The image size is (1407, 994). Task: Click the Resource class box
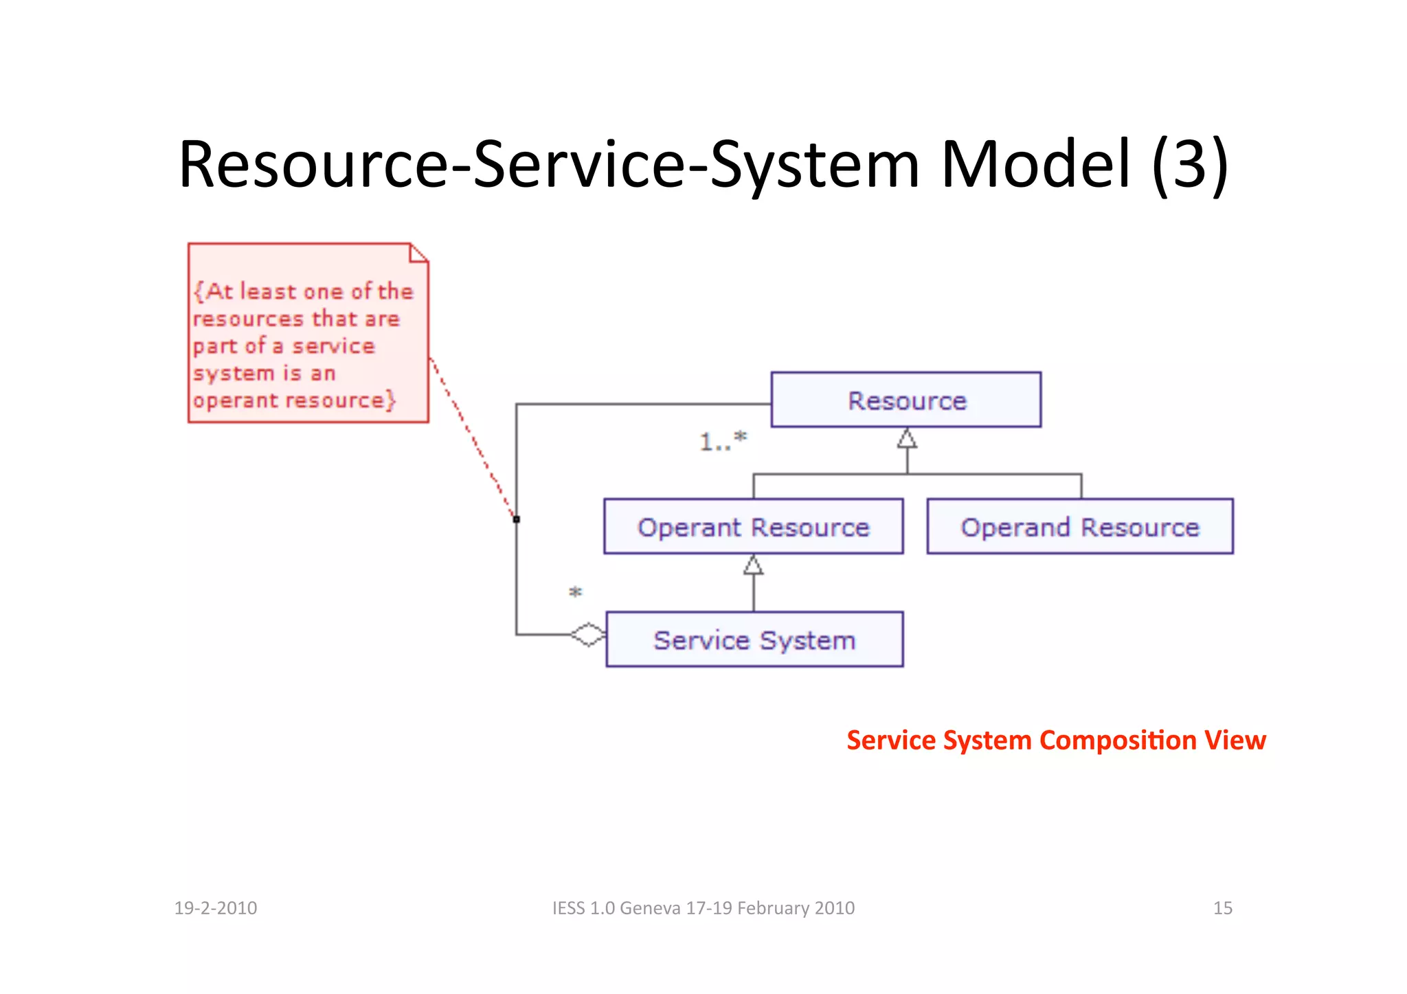point(905,400)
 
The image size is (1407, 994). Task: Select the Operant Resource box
point(753,526)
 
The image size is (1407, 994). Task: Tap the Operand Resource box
point(1079,526)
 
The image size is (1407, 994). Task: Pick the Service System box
point(754,640)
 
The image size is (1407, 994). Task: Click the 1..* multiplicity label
point(723,441)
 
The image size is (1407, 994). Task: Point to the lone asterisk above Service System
point(576,592)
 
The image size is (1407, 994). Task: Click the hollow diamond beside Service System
point(589,635)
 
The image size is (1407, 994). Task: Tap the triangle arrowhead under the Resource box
point(907,438)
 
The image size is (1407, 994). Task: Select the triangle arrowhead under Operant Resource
point(753,565)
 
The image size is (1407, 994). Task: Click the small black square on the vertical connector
point(517,519)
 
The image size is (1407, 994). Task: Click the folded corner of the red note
point(418,253)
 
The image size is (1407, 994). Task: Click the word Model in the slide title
point(1035,165)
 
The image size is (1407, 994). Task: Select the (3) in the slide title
point(1190,165)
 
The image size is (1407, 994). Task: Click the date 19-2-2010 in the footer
point(216,908)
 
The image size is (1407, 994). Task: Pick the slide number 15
point(1222,908)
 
